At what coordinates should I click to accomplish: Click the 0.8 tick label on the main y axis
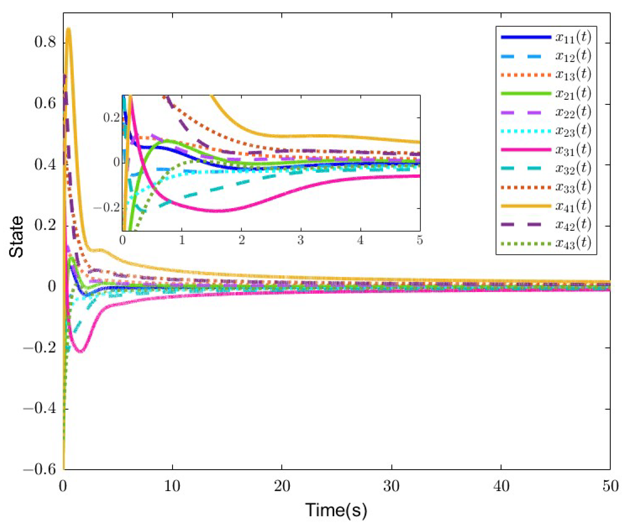pos(45,43)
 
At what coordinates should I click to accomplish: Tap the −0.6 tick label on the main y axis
pos(40,470)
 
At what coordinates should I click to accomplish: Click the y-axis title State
pos(16,237)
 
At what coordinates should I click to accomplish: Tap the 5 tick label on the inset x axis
pos(420,240)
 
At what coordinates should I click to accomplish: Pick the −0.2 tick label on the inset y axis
pos(107,208)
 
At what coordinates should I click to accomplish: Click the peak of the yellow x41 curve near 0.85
pos(68,28)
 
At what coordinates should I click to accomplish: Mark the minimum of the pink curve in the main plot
pos(80,351)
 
